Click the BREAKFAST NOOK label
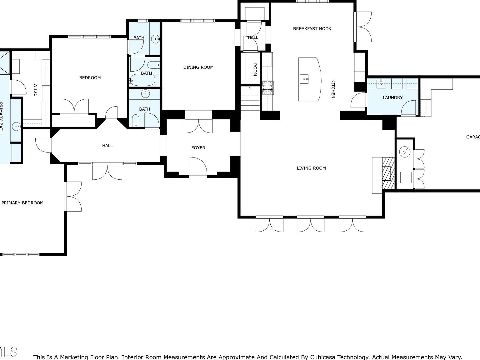coord(312,29)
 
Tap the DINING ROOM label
coord(198,67)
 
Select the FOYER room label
coord(198,148)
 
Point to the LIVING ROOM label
coord(311,168)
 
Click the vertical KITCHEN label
coord(333,89)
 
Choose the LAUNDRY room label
coord(392,97)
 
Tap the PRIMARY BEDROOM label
coord(22,203)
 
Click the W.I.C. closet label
coord(35,90)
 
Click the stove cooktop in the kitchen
coord(267,87)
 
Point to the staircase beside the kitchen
coord(250,103)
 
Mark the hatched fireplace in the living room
coord(389,173)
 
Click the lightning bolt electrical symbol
coord(405,152)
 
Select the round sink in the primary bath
coord(16,127)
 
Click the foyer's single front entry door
coord(197,167)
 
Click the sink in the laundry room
coord(381,83)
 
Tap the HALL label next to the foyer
coord(107,146)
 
